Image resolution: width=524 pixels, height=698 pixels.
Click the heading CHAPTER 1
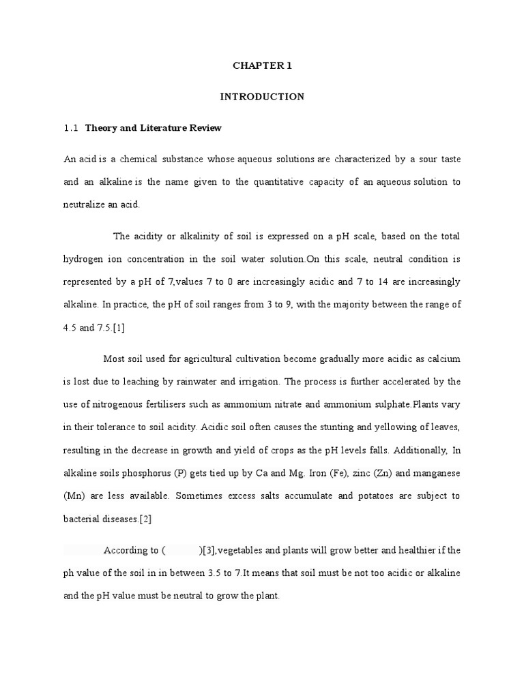pyautogui.click(x=262, y=66)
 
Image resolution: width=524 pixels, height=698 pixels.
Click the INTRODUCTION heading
pyautogui.click(x=262, y=97)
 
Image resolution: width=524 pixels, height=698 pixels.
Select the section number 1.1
pyautogui.click(x=72, y=127)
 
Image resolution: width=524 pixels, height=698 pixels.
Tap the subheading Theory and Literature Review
pyautogui.click(x=154, y=127)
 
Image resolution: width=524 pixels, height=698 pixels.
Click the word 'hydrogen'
pyautogui.click(x=82, y=259)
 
